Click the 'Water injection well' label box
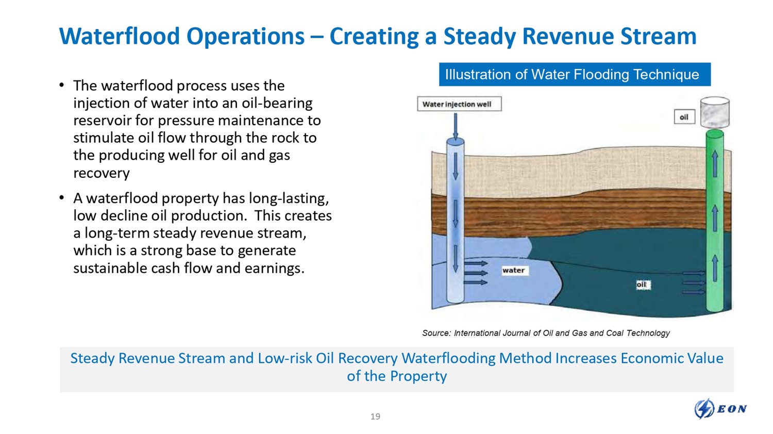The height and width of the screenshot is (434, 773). [459, 104]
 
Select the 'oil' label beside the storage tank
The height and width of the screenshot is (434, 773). [684, 117]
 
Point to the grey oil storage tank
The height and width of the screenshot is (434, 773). [715, 112]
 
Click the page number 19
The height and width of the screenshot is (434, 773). [375, 416]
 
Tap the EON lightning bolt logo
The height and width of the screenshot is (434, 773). [704, 409]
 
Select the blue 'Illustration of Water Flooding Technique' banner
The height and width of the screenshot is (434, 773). [575, 74]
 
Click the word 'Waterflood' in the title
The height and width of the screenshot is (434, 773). [120, 36]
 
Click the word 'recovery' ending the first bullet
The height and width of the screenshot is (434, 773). [102, 173]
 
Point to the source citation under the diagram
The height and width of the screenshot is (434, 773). [546, 333]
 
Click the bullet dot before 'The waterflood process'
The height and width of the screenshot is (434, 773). [61, 85]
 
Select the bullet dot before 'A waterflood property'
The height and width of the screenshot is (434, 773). [61, 197]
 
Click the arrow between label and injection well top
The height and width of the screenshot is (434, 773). [456, 126]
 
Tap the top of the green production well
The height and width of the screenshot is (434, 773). [715, 133]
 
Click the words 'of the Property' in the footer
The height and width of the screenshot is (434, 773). [396, 376]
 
